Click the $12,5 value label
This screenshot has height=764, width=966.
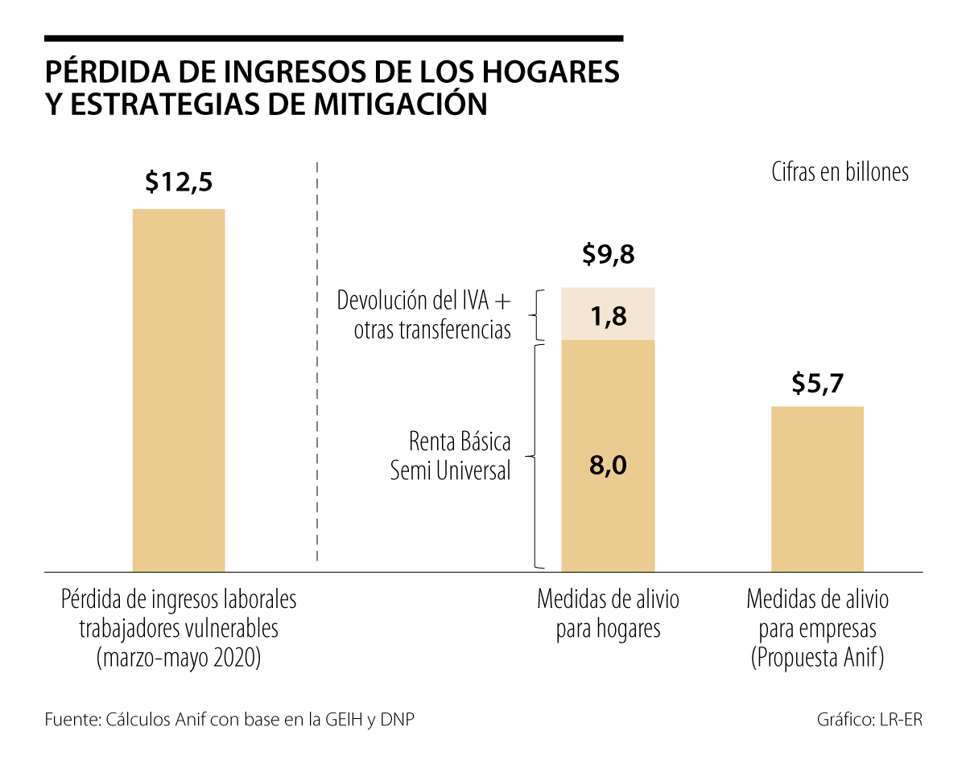click(x=179, y=183)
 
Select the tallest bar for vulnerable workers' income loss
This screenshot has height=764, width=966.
click(x=179, y=390)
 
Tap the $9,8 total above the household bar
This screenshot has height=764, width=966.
click(x=608, y=255)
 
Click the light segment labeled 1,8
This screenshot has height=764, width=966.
click(x=608, y=314)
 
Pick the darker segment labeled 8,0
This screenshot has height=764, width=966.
click(x=608, y=455)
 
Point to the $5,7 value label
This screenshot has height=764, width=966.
click(x=817, y=384)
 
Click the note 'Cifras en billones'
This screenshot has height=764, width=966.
click(x=840, y=173)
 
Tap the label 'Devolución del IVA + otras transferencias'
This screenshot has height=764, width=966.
click(x=424, y=315)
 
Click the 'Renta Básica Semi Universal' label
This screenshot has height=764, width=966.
click(x=451, y=456)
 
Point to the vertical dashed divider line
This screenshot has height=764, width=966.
click(x=318, y=362)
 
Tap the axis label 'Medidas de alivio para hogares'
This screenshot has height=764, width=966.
click(x=608, y=614)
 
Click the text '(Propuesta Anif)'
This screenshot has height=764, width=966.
click(x=817, y=659)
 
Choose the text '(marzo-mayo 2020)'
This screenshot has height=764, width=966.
click(x=179, y=659)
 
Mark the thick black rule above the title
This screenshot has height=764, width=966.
click(x=334, y=38)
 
